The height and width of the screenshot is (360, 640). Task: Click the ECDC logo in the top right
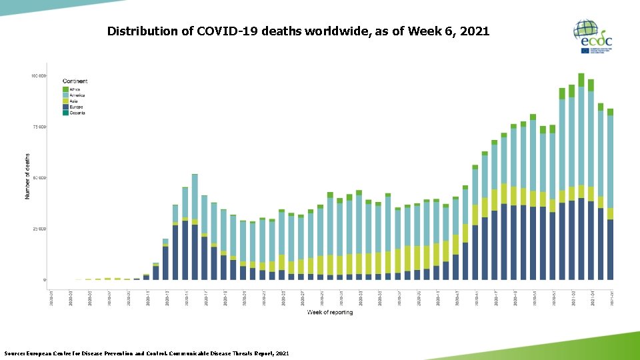click(x=592, y=37)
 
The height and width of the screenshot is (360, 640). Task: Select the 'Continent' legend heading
click(x=75, y=81)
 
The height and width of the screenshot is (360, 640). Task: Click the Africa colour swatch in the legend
click(x=65, y=89)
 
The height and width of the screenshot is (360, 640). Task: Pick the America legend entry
click(x=77, y=95)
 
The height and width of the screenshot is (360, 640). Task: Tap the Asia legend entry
click(x=74, y=101)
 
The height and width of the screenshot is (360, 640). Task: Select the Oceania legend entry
click(x=77, y=113)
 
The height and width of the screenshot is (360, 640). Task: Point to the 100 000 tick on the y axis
click(x=38, y=76)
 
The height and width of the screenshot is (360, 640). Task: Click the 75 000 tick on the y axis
click(x=39, y=127)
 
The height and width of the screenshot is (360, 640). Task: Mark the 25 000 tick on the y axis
click(x=39, y=229)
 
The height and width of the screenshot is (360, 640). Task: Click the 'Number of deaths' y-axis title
click(x=27, y=177)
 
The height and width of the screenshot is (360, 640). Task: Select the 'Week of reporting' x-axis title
click(x=330, y=312)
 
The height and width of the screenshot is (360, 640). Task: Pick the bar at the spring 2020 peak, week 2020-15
click(x=195, y=227)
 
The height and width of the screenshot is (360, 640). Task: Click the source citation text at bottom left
click(x=147, y=353)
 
